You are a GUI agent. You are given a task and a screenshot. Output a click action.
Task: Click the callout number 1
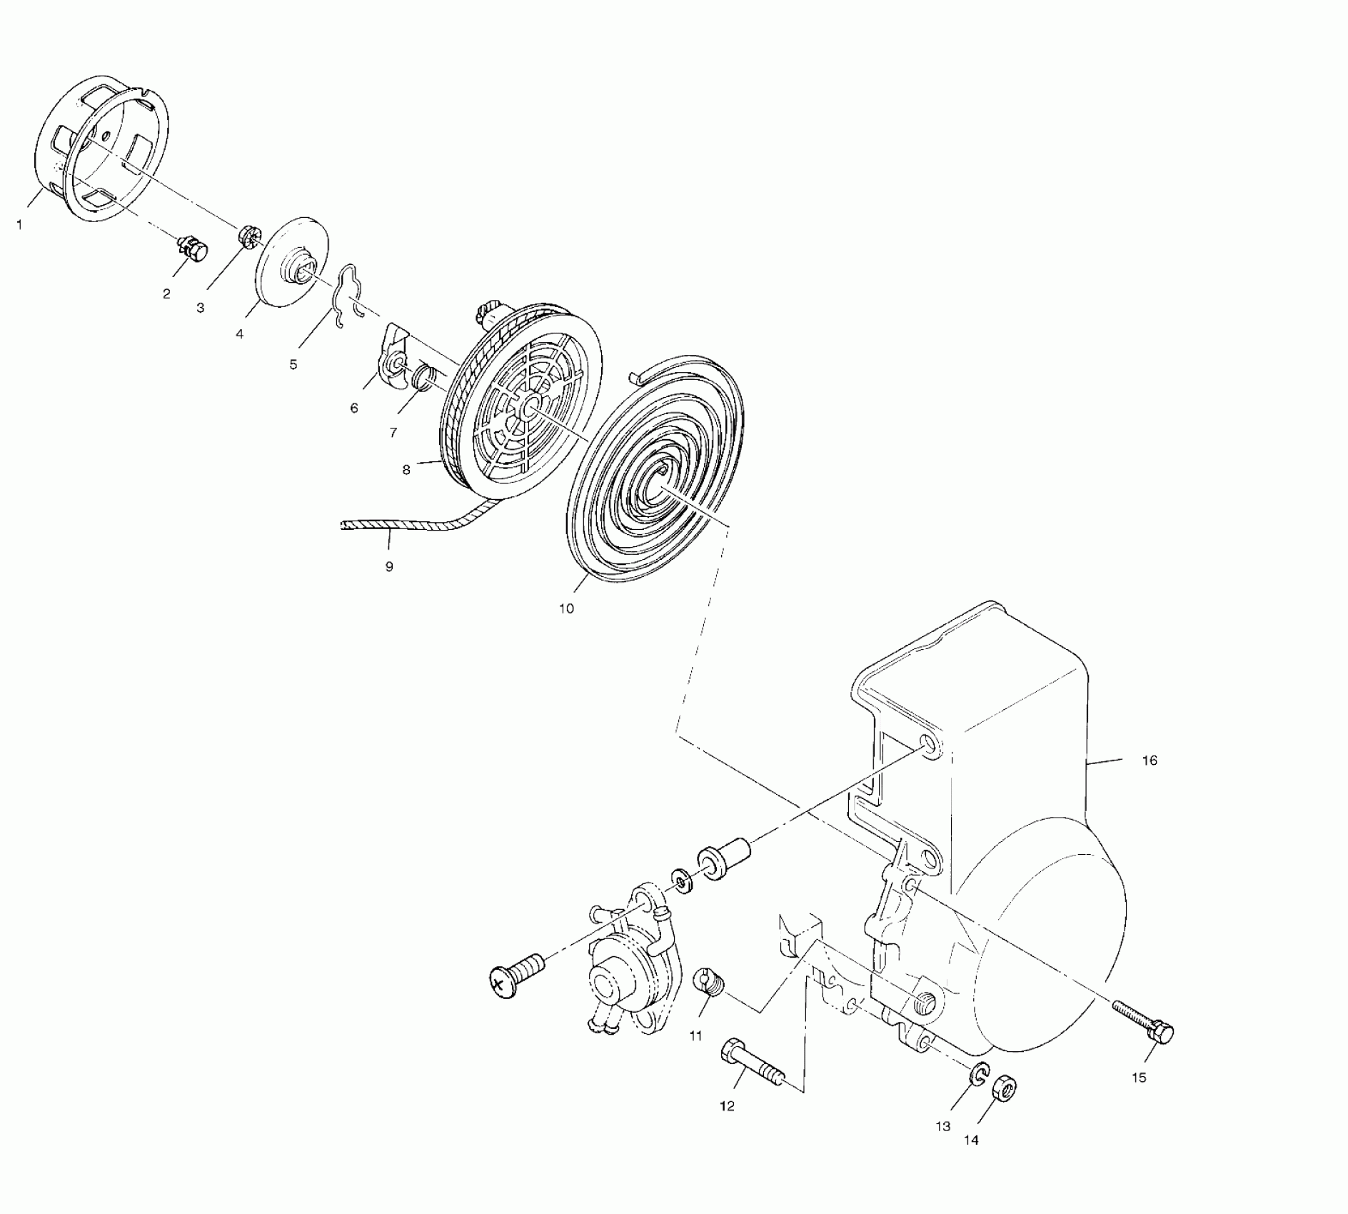point(19,225)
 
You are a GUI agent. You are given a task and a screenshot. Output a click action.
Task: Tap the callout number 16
point(1149,761)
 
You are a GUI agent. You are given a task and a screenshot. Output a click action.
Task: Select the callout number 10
point(566,608)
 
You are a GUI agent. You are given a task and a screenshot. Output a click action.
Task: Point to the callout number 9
point(389,566)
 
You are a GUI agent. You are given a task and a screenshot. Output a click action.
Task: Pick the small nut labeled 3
point(249,236)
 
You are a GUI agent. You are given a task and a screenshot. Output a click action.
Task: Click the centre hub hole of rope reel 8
point(529,408)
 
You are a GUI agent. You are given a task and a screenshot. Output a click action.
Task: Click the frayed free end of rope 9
point(345,526)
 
